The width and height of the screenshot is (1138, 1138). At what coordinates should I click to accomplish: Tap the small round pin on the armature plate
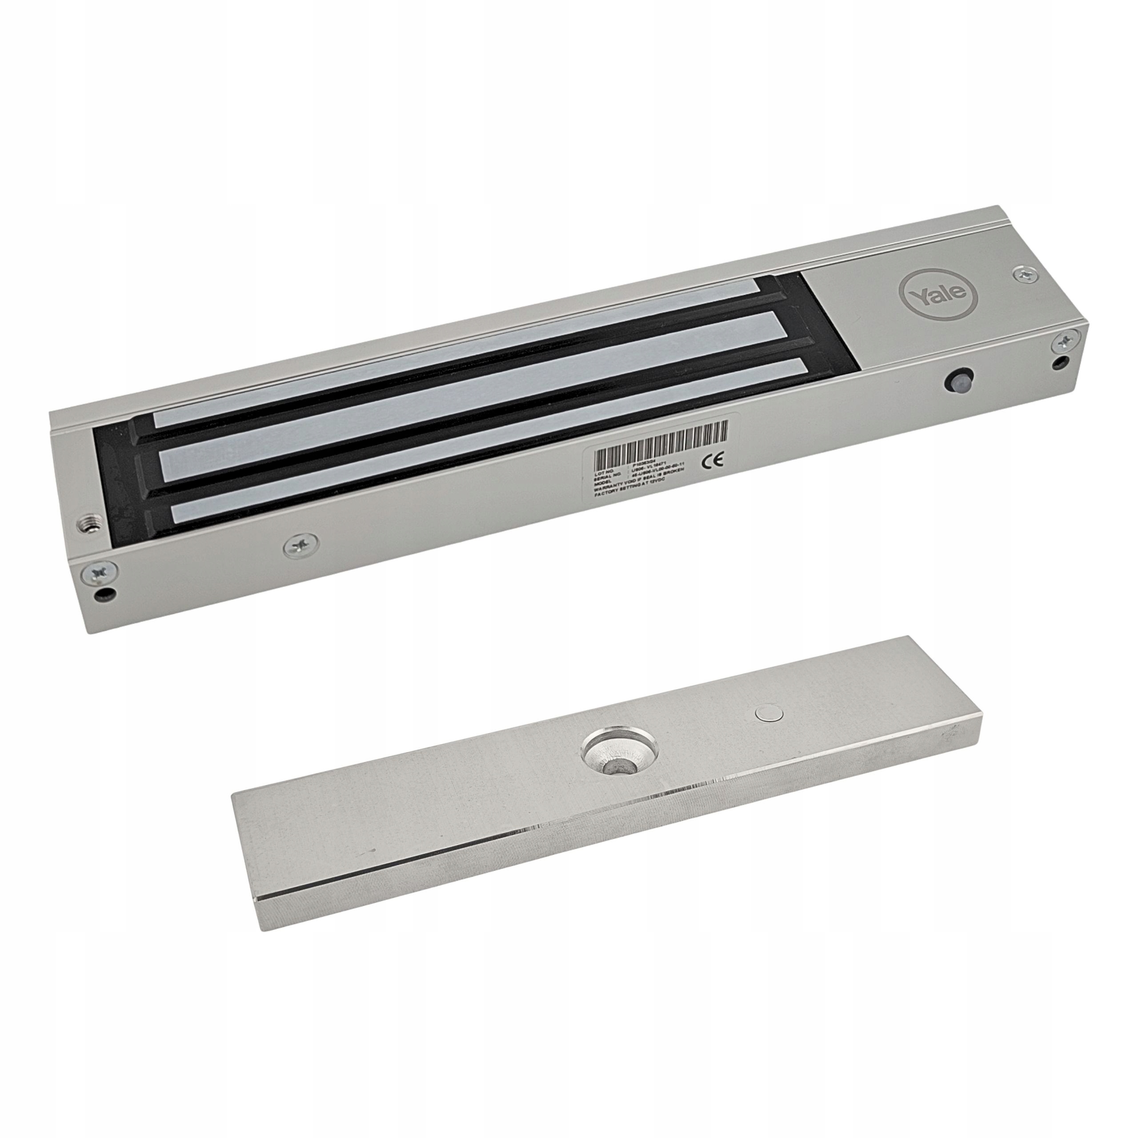[766, 714]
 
